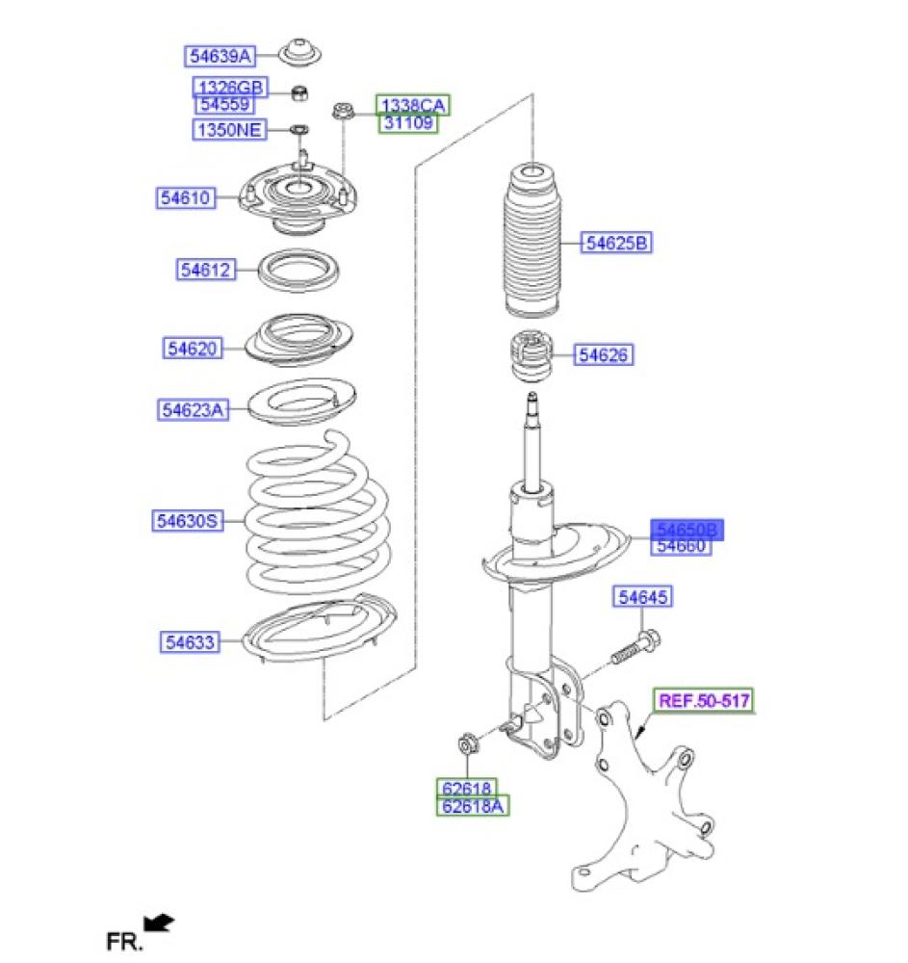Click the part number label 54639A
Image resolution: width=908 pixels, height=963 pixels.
pos(220,56)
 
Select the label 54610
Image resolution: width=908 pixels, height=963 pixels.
pos(186,197)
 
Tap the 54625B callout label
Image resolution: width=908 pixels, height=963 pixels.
pos(616,243)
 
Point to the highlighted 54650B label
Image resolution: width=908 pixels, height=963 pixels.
pos(687,530)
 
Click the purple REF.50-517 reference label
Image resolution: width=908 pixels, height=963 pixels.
pos(704,700)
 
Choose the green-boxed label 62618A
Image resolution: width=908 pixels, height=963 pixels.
pos(473,806)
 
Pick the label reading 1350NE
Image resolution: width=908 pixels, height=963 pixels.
pos(229,130)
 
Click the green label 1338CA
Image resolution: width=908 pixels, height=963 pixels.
pos(413,105)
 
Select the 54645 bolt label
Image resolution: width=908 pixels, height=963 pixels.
pos(643,596)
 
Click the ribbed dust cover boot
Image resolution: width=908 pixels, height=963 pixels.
pos(532,240)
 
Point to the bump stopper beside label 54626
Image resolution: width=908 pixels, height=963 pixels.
pos(532,355)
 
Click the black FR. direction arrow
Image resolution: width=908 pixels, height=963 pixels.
pos(159,924)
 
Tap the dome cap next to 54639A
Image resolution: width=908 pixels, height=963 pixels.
pos(299,52)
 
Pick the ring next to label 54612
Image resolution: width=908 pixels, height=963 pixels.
pos(298,271)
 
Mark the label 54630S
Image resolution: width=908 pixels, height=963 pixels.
pos(188,521)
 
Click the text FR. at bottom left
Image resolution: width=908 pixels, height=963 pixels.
pos(124,941)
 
